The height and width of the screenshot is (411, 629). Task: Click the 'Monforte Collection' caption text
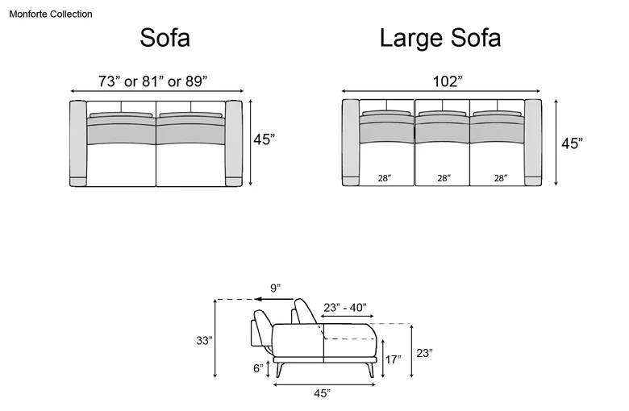point(51,14)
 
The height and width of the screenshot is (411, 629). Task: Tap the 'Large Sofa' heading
point(440,38)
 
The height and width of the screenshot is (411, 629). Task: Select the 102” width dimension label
point(448,81)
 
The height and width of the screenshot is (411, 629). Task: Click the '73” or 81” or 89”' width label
point(153,81)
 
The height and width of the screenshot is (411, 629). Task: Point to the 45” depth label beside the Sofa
point(264,139)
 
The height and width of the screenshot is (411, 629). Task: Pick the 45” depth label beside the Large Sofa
point(572,143)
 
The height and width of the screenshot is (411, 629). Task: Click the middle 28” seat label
point(444,178)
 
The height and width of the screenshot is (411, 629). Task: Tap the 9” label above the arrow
point(275,289)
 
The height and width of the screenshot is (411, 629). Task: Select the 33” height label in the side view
point(204,340)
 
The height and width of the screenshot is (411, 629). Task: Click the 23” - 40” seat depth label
point(345,308)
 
